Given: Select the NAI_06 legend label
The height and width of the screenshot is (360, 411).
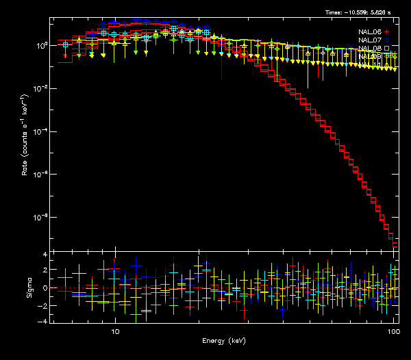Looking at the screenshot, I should (371, 31).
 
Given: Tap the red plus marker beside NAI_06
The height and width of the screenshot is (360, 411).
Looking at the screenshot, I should (387, 31).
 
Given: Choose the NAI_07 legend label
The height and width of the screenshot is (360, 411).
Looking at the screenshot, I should (371, 40).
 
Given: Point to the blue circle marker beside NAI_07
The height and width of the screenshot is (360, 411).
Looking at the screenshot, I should (387, 40).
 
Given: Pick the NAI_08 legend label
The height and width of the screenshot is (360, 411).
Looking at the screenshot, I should (371, 48).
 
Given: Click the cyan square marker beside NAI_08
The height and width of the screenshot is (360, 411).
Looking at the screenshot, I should (387, 48).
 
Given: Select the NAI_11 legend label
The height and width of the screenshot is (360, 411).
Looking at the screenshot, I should (369, 56).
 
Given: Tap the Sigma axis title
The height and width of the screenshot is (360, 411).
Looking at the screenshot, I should (29, 287).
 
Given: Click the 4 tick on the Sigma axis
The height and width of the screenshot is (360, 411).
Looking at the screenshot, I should (45, 255).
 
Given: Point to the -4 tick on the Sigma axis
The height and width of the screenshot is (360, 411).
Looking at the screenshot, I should (43, 321).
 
